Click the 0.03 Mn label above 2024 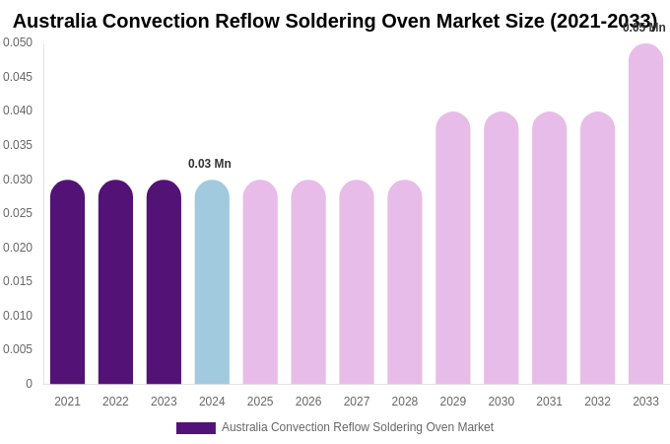(210, 164)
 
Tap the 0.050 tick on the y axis (18, 42)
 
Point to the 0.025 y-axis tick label (18, 213)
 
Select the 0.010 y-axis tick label (18, 316)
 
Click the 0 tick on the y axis (29, 384)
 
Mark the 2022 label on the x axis (115, 402)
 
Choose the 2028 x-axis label (405, 402)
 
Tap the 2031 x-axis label (549, 402)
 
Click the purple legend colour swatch (195, 428)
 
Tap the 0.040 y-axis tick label (18, 111)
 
